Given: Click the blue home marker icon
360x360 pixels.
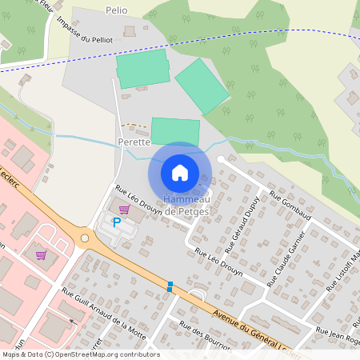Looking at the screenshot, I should [180, 172].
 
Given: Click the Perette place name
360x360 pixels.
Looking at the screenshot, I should [134, 142].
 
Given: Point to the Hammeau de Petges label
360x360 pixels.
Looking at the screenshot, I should [186, 206].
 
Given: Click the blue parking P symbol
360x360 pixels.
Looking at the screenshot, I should [116, 223].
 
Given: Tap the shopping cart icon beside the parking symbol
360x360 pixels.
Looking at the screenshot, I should [123, 210].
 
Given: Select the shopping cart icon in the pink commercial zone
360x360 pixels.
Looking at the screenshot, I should [41, 255].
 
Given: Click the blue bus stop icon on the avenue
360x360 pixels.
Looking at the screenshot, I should [170, 286].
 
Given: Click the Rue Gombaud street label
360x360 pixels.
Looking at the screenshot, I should [289, 205].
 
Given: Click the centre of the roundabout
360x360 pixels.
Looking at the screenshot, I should [85, 238].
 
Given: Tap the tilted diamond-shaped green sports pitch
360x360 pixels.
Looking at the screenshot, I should [202, 86].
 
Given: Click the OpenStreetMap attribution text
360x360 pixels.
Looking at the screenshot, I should [81, 354].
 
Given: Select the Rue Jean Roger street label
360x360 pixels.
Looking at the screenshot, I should [338, 334].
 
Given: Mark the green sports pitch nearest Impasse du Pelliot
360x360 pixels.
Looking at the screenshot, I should [143, 69].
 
